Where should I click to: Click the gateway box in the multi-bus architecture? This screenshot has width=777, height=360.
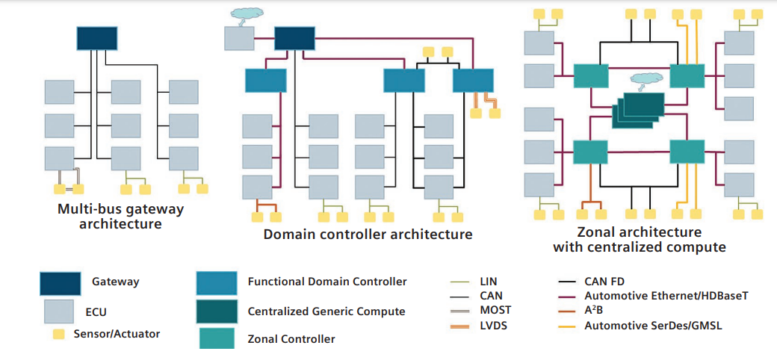click(x=97, y=38)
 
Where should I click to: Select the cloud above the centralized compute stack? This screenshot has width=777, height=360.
click(x=643, y=80)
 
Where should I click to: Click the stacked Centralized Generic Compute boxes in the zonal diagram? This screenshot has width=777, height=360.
click(x=638, y=111)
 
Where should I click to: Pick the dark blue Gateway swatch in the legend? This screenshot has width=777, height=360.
click(x=61, y=283)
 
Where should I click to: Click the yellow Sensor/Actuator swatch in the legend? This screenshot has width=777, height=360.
click(x=61, y=335)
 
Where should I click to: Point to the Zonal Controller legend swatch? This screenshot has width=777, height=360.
click(x=217, y=338)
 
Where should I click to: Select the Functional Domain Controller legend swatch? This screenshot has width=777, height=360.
click(x=217, y=282)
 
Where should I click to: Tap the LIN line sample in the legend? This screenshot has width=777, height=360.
click(x=461, y=282)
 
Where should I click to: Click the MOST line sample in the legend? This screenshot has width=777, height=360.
click(x=461, y=311)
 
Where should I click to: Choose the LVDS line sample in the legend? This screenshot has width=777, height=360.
click(x=461, y=326)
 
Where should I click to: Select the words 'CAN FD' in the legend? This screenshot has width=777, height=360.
click(x=604, y=282)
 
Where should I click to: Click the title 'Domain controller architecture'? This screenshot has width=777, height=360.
click(x=368, y=234)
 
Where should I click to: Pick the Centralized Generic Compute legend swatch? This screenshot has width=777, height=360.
click(x=217, y=311)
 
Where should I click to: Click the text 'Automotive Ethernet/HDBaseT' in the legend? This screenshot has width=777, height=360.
click(x=666, y=296)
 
